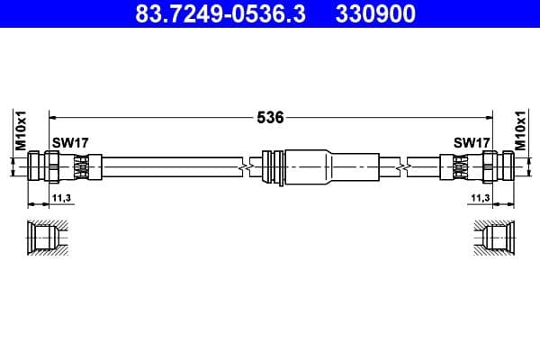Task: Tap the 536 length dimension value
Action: (271, 117)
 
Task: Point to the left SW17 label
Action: (69, 142)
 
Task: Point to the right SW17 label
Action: (472, 142)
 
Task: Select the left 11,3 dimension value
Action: (62, 196)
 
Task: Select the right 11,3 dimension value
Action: (479, 196)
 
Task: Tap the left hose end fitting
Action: (46, 166)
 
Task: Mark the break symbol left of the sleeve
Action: (243, 166)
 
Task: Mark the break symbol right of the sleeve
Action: (405, 166)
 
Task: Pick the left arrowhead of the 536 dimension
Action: (52, 117)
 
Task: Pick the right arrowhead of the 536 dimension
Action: (489, 117)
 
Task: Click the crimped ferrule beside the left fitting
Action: (82, 166)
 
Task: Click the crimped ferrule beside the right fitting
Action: (458, 166)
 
